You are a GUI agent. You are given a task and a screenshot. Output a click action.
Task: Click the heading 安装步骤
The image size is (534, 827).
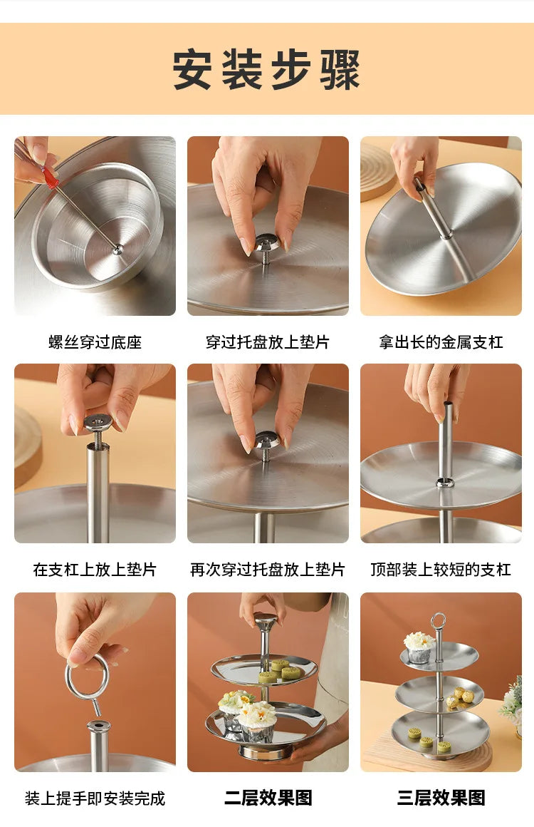click(266, 69)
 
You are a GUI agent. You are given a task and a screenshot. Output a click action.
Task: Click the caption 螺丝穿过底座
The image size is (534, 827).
click(95, 342)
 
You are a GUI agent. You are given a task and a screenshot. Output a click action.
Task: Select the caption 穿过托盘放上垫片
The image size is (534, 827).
click(268, 342)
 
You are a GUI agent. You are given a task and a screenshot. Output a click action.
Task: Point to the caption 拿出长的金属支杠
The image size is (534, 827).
click(441, 342)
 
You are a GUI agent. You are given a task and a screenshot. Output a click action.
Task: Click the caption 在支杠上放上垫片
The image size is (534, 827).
click(95, 570)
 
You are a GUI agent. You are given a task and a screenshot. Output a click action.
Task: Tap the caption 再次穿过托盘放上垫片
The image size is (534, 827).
click(268, 570)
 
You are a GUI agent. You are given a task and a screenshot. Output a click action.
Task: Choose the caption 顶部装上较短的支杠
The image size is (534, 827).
click(441, 570)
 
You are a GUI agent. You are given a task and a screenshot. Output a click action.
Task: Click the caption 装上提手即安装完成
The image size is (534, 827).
click(95, 798)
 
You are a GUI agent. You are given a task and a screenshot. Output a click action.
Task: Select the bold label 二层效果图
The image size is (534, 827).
click(268, 798)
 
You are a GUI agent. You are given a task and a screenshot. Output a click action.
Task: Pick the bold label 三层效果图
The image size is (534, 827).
click(441, 798)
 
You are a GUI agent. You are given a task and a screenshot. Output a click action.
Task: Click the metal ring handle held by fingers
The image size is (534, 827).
click(68, 680)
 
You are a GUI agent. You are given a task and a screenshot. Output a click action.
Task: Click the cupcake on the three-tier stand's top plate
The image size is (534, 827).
click(419, 647)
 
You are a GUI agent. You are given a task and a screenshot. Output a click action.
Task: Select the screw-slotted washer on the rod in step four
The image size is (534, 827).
click(98, 423)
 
